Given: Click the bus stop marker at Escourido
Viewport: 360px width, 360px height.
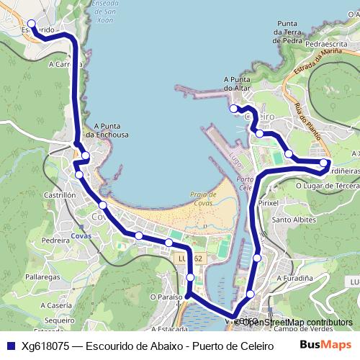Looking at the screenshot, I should click(30, 24).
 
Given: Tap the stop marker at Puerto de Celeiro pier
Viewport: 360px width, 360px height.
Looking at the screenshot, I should click(233, 109).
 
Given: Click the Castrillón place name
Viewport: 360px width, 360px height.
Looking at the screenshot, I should click(60, 195).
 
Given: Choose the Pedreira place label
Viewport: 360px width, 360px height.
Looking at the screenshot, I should click(55, 241).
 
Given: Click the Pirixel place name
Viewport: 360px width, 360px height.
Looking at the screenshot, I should click(268, 204).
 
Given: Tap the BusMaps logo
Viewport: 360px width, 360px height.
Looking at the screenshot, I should click(326, 345).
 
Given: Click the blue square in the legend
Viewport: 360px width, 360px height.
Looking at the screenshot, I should click(10, 346).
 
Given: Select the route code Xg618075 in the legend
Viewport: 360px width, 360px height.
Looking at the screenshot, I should click(45, 346).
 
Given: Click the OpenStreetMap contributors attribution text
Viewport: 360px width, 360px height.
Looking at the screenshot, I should click(297, 323).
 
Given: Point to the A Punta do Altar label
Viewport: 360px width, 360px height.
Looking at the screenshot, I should click(241, 84).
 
